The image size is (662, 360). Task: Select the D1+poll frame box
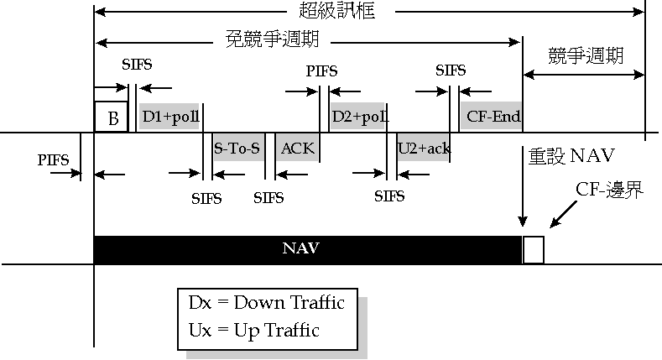pos(170,117)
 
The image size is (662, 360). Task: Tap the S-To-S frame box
pos(237,149)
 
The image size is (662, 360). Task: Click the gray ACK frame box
pos(297,149)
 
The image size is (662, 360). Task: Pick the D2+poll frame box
pos(360,117)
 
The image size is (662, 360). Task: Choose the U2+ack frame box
pos(424,149)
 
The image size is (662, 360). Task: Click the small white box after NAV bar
pos(534,250)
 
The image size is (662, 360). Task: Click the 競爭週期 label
pos(586,56)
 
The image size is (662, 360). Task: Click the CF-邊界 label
pos(609,190)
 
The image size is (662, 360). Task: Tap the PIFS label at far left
pos(55,159)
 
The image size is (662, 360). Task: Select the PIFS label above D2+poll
pos(321,71)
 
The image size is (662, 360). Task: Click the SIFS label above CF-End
pos(451,70)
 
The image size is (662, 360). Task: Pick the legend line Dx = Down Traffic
pos(267,302)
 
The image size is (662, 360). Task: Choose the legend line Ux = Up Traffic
pos(255,330)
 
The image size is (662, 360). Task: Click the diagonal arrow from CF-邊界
pos(564,213)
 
